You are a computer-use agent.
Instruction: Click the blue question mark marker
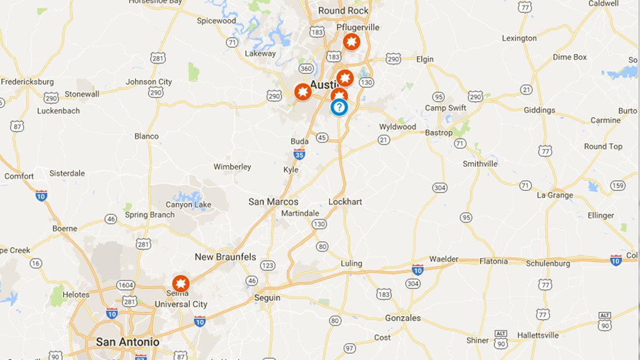(339, 107)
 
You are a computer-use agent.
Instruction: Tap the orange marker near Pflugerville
(351, 42)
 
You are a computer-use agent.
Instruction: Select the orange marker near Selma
(181, 283)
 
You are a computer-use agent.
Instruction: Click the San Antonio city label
(127, 341)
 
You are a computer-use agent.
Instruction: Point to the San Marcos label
(273, 202)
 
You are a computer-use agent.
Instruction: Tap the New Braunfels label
(225, 257)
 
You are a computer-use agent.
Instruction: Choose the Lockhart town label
(345, 202)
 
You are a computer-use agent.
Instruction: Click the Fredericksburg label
(27, 81)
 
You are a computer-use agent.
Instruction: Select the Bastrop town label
(438, 133)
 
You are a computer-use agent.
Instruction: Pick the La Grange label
(555, 195)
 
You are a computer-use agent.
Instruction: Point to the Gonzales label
(403, 318)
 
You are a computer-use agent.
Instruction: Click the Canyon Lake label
(188, 204)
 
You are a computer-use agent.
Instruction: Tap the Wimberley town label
(232, 167)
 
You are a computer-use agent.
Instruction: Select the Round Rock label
(344, 11)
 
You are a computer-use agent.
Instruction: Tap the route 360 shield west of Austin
(306, 69)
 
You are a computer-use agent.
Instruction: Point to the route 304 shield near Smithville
(440, 187)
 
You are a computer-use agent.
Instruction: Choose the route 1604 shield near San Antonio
(125, 285)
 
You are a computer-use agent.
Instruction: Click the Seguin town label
(267, 298)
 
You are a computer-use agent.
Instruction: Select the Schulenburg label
(548, 263)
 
